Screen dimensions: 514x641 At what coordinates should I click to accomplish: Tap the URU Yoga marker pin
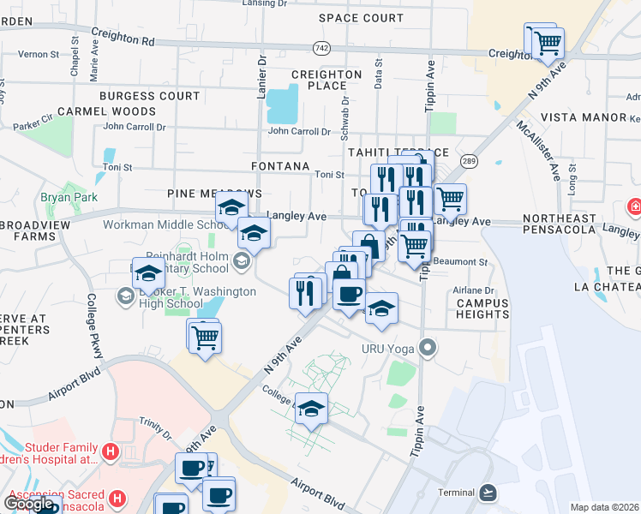click(428, 349)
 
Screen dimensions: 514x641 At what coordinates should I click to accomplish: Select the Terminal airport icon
click(488, 492)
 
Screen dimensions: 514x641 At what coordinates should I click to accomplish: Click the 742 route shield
click(321, 47)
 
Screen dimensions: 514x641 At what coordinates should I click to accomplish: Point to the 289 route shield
click(469, 160)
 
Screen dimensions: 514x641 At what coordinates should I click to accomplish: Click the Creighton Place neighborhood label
click(326, 80)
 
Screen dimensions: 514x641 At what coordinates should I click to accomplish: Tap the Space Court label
click(361, 17)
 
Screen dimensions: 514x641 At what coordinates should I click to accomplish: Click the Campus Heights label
click(482, 308)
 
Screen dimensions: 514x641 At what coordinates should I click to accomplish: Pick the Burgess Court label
click(149, 96)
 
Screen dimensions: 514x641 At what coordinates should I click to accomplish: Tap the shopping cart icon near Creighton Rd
click(547, 41)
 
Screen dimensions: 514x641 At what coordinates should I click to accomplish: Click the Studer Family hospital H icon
click(110, 451)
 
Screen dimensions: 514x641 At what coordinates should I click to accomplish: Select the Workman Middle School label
click(163, 225)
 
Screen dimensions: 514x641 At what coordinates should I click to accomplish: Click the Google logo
click(29, 504)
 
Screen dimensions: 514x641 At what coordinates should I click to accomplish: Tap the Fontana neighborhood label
click(279, 165)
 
